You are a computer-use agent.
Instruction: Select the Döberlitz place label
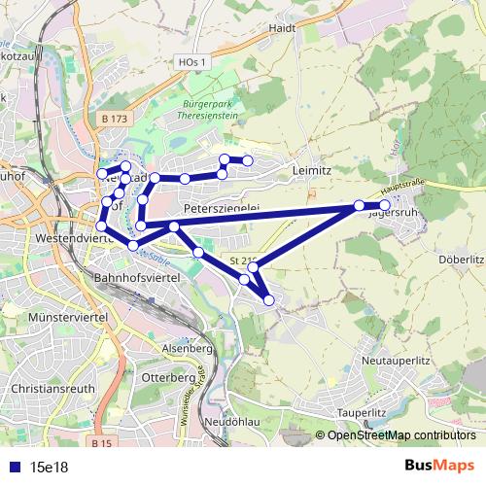pos(461,260)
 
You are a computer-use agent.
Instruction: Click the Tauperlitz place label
pos(362,413)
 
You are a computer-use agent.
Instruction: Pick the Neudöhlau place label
pos(231,423)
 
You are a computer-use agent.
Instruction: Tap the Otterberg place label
pos(169,376)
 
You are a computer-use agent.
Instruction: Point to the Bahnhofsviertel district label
pos(135,279)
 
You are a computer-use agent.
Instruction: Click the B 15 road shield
pos(100,442)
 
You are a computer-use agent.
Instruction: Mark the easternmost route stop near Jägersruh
pos(385,205)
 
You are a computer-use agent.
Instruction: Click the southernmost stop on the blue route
pos(269,300)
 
